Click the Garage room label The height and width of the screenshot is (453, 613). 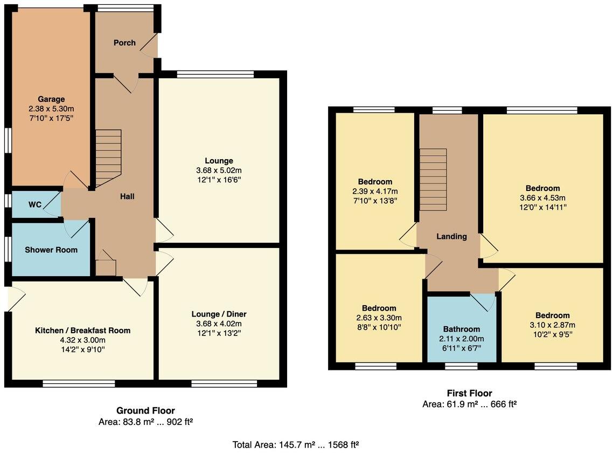[x=51, y=99]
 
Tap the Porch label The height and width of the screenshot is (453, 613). [x=124, y=43]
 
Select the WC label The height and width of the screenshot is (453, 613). [x=35, y=205]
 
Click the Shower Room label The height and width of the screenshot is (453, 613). [x=51, y=250]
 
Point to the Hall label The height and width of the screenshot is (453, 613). [x=127, y=196]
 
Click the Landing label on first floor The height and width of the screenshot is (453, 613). [x=451, y=236]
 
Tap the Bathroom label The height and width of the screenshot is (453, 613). [x=462, y=329]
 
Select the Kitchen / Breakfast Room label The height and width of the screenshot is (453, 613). [x=82, y=331]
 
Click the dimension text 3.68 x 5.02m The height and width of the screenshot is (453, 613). [x=219, y=170]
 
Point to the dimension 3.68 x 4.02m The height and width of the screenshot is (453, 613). [x=219, y=324]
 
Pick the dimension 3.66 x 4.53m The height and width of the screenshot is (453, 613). [x=542, y=197]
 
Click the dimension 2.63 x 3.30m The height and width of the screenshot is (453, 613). [x=379, y=318]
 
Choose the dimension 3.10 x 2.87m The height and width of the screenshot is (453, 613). [x=552, y=325]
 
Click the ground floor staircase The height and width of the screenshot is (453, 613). [x=108, y=156]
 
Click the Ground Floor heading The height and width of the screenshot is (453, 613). [x=145, y=410]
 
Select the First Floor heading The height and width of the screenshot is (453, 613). [x=469, y=393]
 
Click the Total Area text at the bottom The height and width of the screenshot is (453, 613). [x=296, y=445]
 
